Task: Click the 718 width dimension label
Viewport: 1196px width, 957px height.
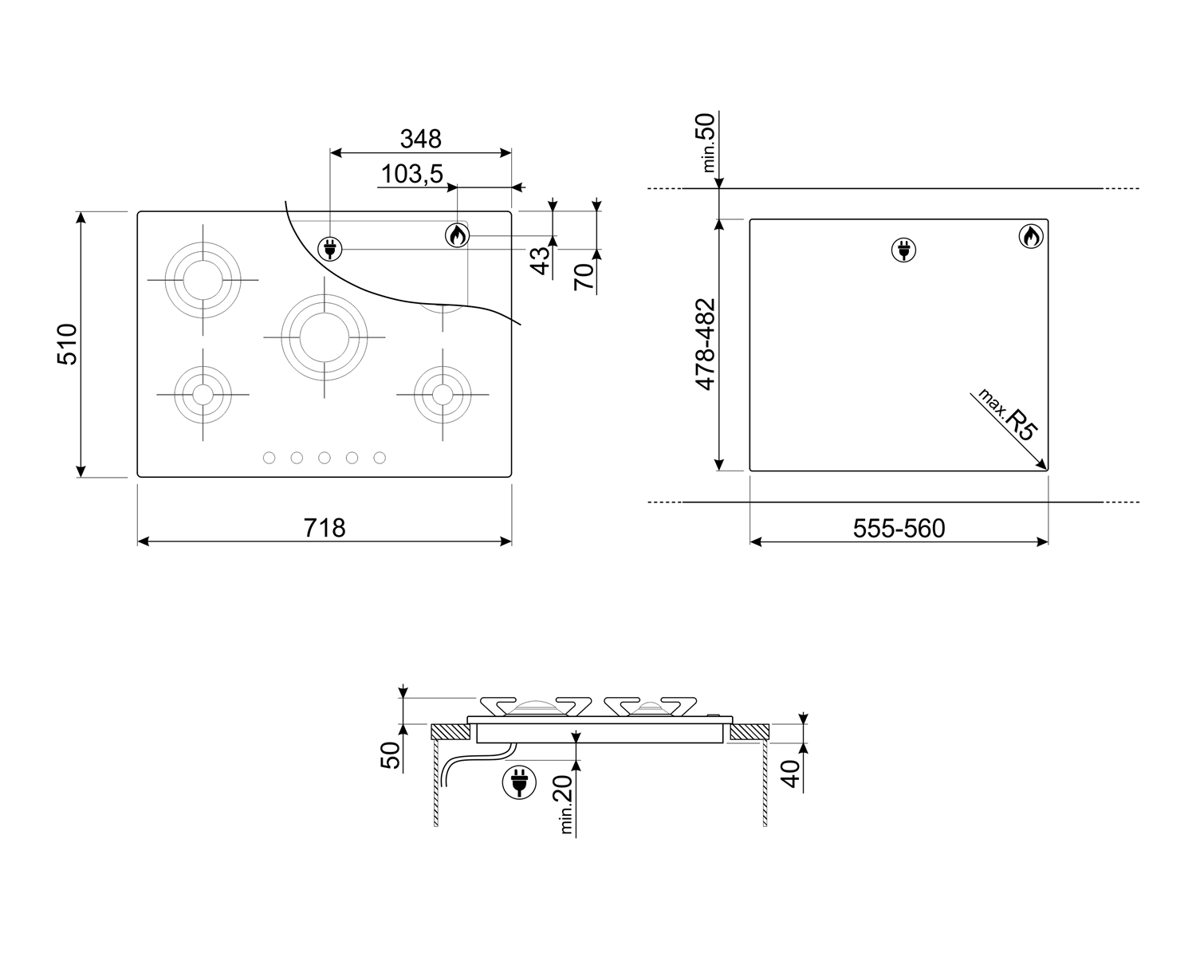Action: point(325,528)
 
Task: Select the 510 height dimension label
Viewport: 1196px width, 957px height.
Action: point(68,345)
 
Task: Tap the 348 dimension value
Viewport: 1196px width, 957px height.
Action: point(421,139)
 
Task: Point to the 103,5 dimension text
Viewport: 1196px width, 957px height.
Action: point(411,174)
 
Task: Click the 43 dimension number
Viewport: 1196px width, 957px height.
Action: point(541,260)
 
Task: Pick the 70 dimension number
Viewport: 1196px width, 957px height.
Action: point(584,278)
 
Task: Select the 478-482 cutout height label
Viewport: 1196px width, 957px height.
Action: point(706,345)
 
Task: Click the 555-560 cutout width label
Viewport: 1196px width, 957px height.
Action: point(899,528)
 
